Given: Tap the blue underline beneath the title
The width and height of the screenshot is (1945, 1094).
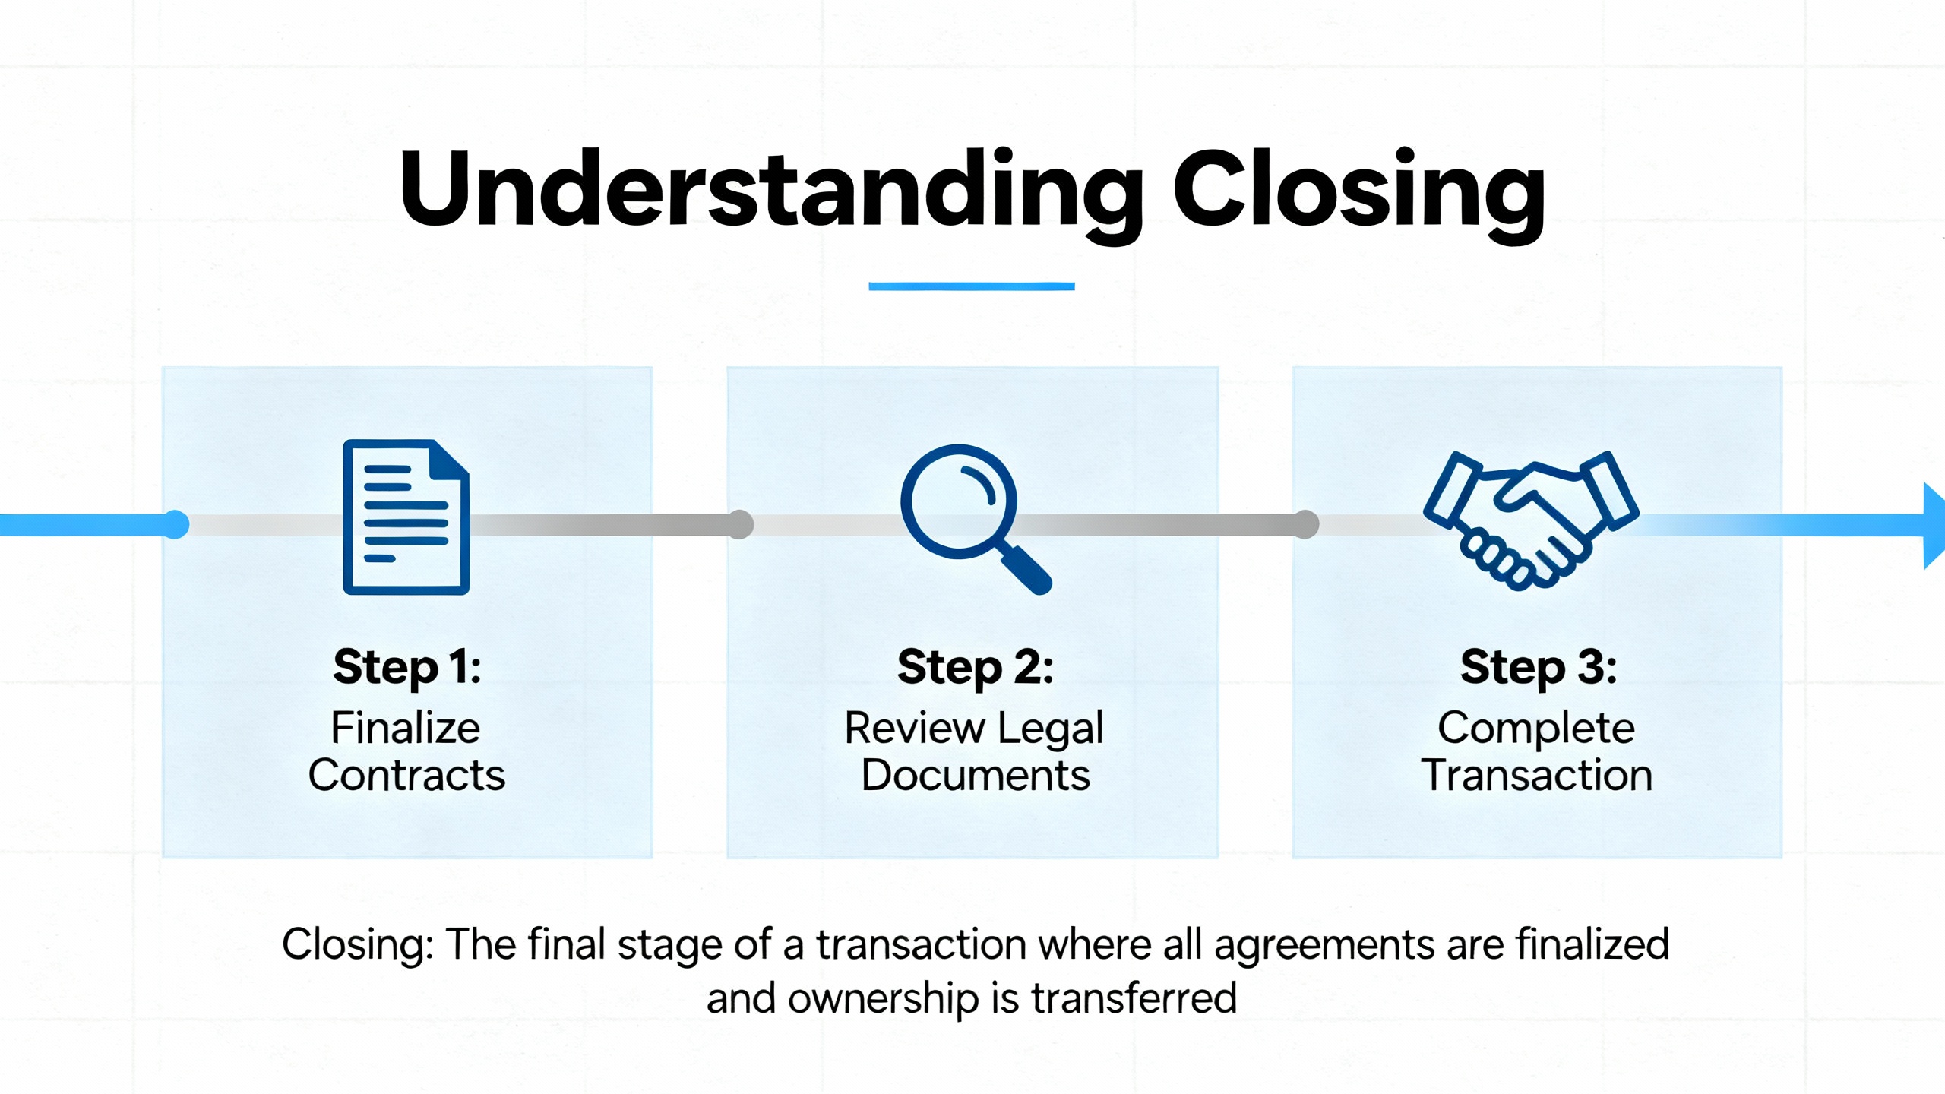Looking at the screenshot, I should [971, 286].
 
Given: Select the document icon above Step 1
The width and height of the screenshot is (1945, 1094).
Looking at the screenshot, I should [406, 517].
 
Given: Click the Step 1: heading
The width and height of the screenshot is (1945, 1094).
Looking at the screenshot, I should [407, 667].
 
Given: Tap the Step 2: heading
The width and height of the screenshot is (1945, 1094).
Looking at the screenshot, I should [975, 667].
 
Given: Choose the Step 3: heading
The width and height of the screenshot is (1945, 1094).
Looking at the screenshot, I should [1538, 667].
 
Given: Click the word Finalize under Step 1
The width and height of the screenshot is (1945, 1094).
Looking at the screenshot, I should [406, 728].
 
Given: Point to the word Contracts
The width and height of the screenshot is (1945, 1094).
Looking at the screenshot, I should [406, 776].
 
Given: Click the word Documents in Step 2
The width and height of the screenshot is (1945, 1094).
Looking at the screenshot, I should [975, 776].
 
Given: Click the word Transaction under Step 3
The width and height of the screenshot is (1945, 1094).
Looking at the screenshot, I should [1537, 776].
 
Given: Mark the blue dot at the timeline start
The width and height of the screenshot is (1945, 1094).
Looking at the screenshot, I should [176, 524].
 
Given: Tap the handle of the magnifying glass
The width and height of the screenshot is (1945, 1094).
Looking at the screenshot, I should [1027, 570].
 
